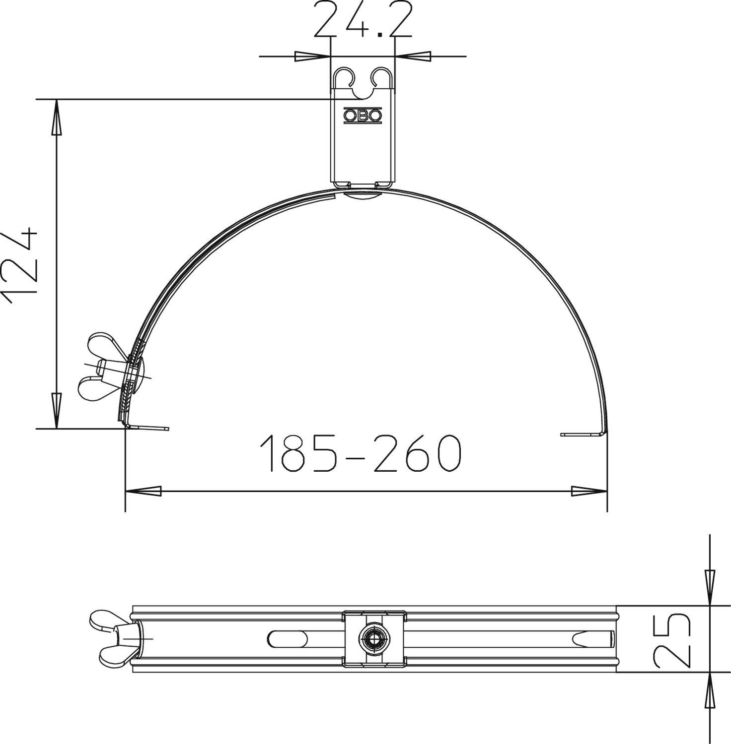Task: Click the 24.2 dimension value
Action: (x=363, y=21)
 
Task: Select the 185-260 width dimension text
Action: (x=361, y=453)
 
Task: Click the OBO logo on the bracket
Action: (x=363, y=116)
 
